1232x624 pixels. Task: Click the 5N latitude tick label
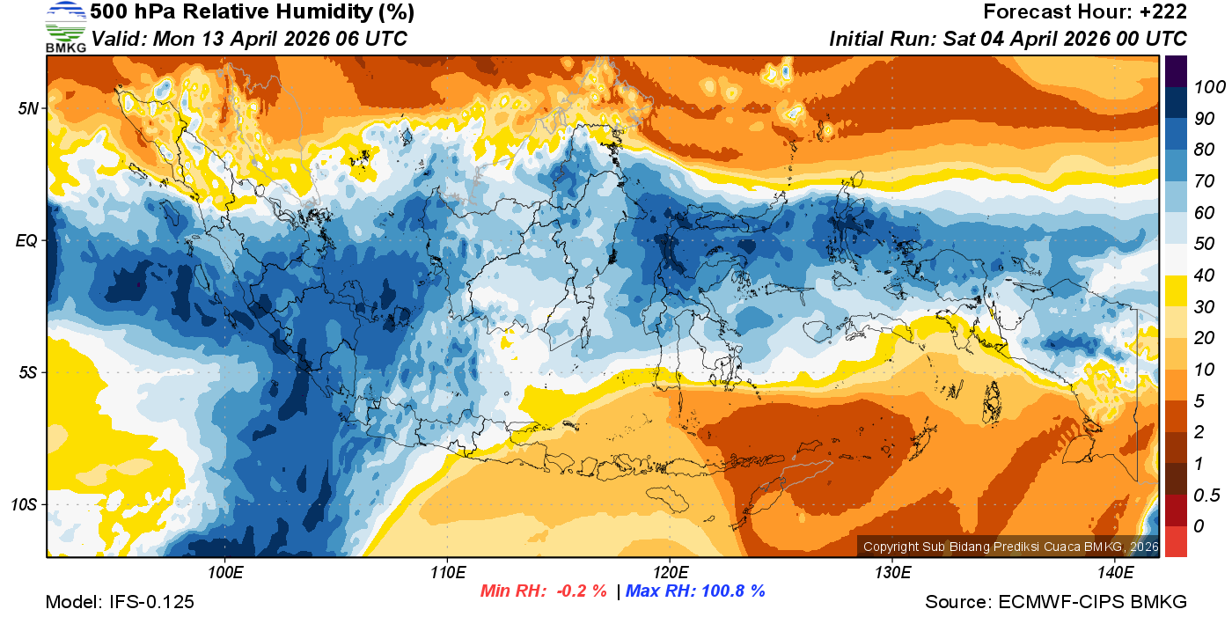point(27,108)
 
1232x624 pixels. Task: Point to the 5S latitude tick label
point(27,372)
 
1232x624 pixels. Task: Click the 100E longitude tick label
point(225,573)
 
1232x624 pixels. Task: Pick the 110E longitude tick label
point(447,573)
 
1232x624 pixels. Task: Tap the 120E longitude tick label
point(670,573)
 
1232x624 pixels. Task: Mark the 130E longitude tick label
point(892,573)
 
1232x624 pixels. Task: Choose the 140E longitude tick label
point(1115,573)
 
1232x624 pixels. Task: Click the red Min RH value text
point(543,591)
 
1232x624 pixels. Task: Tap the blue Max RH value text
point(695,591)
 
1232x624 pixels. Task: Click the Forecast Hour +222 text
point(1085,12)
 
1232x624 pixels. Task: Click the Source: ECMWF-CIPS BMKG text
point(1056,602)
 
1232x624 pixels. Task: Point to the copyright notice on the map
point(1010,547)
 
